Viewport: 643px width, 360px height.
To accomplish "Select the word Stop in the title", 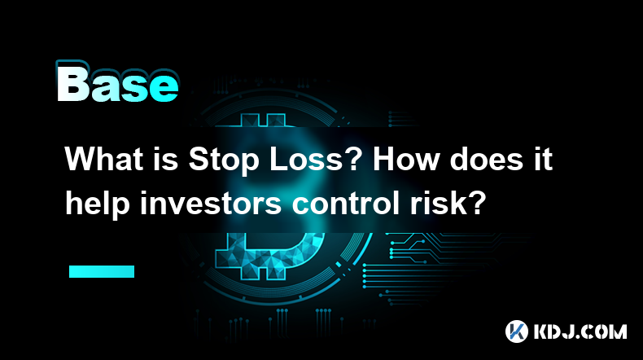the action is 224,161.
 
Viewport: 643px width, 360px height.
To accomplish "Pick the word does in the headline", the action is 487,159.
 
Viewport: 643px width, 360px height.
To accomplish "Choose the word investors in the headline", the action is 211,203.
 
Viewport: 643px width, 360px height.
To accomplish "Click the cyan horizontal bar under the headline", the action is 102,271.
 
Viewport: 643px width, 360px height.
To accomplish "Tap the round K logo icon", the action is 517,331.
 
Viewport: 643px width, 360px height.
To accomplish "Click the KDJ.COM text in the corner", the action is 580,331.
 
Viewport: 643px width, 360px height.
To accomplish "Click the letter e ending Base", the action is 164,88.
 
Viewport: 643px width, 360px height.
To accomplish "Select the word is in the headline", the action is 168,159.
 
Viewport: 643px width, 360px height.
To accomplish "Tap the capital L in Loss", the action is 278,159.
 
